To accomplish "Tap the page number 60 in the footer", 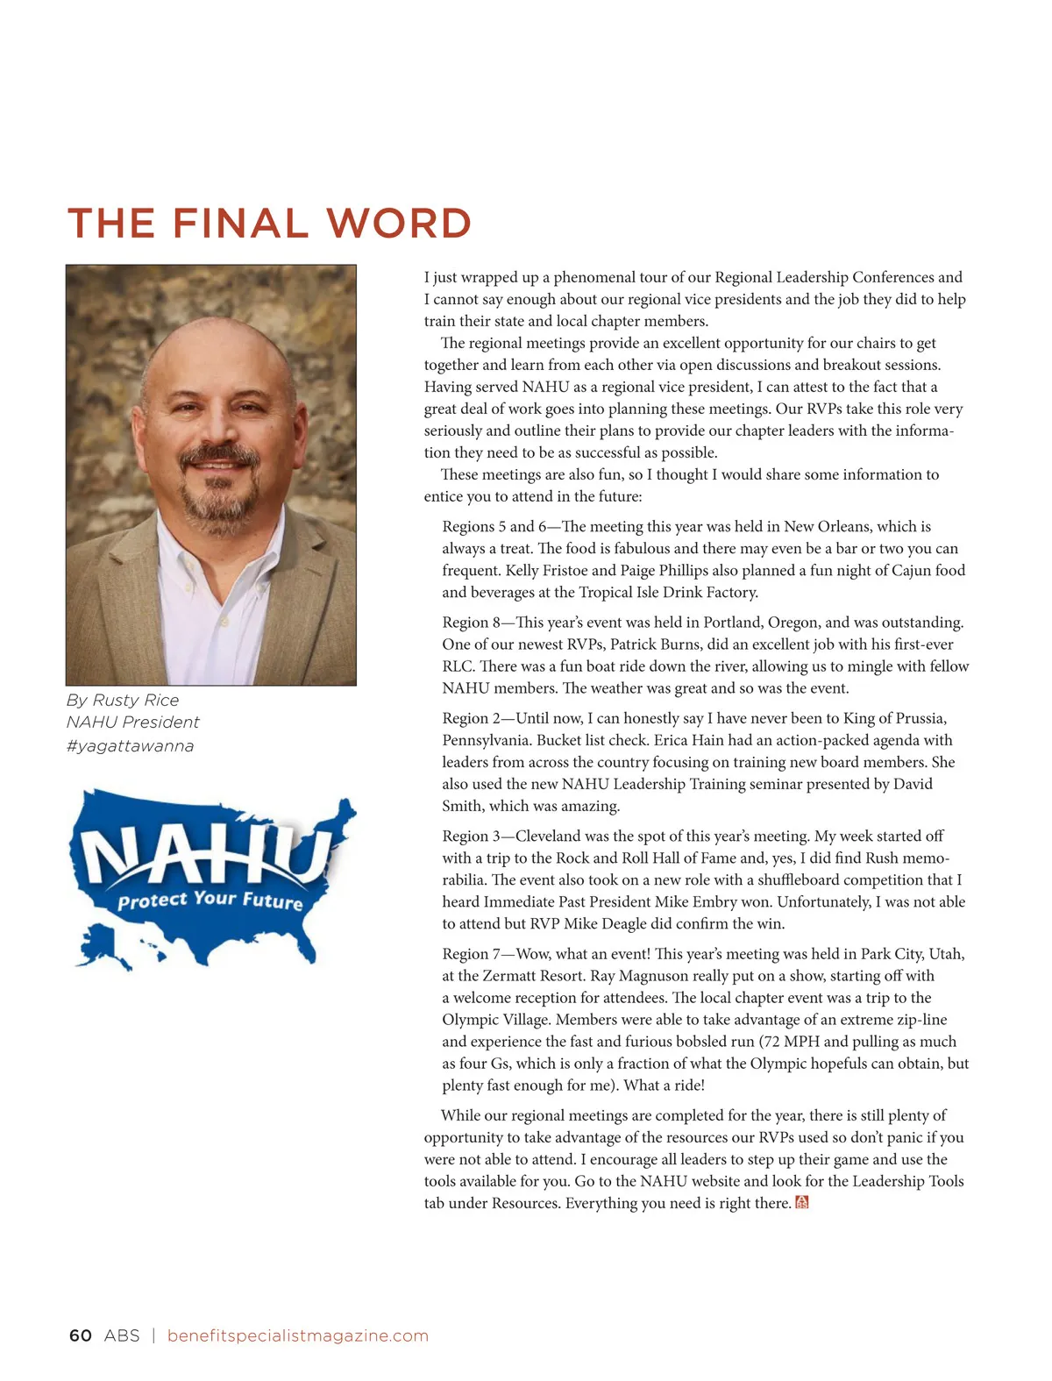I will [x=80, y=1335].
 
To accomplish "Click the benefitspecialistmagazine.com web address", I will [x=297, y=1335].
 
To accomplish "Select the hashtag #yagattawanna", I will [x=130, y=745].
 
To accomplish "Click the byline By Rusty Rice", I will [x=122, y=700].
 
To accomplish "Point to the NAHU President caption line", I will [x=132, y=722].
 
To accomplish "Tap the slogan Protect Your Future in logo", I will [x=210, y=900].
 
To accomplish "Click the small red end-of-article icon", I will [x=801, y=1202].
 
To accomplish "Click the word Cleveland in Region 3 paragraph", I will [x=549, y=836].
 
